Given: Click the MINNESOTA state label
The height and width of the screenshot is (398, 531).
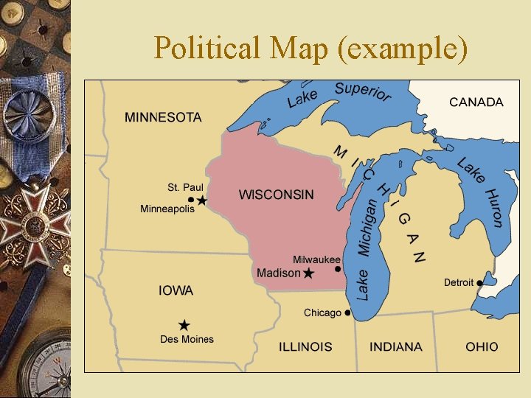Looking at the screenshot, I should tap(163, 117).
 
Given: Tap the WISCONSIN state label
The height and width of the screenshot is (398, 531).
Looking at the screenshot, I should tap(276, 195).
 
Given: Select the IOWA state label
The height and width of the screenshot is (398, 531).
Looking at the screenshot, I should tap(176, 291).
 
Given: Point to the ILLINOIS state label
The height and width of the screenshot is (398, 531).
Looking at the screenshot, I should tap(305, 346).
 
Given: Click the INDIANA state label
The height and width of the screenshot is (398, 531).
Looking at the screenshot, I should tap(396, 346).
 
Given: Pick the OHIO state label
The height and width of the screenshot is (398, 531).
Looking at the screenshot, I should tap(482, 346).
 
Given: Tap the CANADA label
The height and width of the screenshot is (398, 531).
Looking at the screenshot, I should tap(476, 102).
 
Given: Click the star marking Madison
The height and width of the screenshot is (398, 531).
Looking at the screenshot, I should tap(308, 273).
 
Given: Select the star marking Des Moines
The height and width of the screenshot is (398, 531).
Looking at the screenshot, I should tap(184, 325).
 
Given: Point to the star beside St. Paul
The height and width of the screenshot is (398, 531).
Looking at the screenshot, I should tap(202, 200).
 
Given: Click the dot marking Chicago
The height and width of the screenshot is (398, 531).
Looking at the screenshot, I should tap(347, 313).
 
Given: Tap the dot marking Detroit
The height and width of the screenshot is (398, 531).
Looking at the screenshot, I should tap(480, 282).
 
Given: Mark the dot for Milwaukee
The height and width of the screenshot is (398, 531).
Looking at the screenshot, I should tap(337, 269).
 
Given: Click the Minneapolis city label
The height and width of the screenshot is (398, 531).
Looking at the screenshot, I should tap(167, 209).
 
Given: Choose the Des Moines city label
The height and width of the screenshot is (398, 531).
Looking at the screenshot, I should tap(187, 340).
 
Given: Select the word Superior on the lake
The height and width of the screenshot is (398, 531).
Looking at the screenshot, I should tap(363, 93).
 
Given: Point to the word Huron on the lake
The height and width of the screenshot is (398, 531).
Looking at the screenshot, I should tap(493, 208).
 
